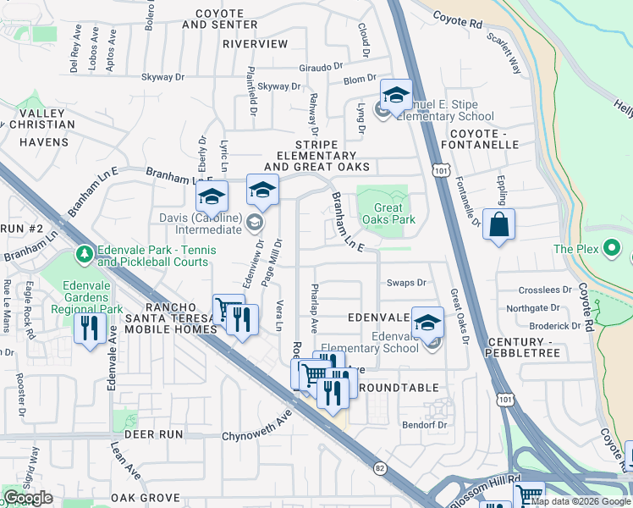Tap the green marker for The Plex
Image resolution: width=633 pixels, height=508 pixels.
point(614,249)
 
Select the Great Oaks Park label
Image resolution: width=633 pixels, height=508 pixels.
point(388,213)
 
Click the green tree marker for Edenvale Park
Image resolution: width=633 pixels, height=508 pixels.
point(84,253)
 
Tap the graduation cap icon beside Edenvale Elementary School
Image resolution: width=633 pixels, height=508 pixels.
point(428,322)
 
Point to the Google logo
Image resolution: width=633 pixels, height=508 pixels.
point(28,498)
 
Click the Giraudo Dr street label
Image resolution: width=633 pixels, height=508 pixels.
point(321,67)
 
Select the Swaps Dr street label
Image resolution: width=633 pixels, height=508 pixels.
point(405,283)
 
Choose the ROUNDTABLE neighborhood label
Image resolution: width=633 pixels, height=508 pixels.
point(399,388)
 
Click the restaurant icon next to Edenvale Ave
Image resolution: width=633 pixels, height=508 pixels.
point(89,328)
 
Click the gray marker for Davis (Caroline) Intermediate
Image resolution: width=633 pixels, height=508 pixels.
point(254,223)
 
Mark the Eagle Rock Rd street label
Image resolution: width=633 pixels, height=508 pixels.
point(30,312)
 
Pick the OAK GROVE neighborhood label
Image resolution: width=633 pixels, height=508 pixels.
point(145,498)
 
